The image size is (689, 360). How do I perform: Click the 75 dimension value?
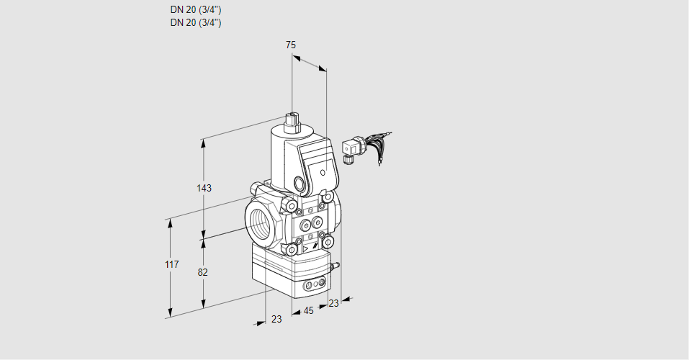point(290,45)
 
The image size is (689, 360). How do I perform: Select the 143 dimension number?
point(204,189)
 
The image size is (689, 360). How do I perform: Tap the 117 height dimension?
point(171,265)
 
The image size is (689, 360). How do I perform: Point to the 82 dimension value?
point(203,272)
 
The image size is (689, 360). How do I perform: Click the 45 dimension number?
point(308,311)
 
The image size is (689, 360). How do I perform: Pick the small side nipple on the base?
point(333,266)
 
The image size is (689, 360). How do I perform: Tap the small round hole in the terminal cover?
point(323,173)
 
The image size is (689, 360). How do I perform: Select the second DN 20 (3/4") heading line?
point(196,22)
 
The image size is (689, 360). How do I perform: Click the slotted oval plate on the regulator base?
point(312,286)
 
